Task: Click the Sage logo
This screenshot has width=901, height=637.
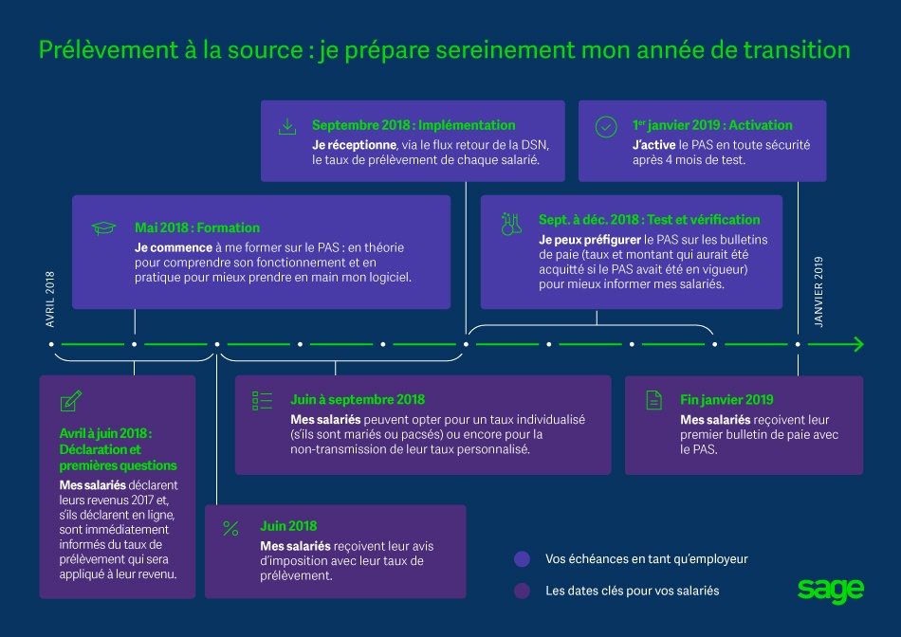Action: (x=831, y=590)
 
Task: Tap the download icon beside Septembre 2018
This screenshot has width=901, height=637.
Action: (x=287, y=126)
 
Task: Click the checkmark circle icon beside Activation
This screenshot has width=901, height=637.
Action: (x=606, y=127)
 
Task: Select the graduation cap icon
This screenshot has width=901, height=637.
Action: (x=101, y=228)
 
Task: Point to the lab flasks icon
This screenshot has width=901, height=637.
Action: (x=510, y=224)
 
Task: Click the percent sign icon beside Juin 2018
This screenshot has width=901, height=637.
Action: (x=230, y=528)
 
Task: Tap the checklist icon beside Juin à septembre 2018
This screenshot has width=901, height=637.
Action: (x=263, y=400)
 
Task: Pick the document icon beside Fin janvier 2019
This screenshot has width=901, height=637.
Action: (x=653, y=400)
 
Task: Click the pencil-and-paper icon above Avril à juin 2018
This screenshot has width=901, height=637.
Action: (x=70, y=401)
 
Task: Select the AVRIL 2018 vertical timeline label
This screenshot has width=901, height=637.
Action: (x=51, y=300)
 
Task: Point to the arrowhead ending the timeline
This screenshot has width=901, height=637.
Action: (x=857, y=344)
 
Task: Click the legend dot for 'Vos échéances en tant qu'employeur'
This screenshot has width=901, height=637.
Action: (x=521, y=559)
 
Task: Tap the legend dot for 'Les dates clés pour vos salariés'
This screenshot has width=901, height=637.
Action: (x=521, y=591)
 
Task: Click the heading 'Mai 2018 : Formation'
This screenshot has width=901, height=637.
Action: (x=197, y=228)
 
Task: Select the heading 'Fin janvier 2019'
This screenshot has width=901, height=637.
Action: (x=726, y=400)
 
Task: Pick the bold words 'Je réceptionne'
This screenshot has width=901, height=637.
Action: (x=354, y=144)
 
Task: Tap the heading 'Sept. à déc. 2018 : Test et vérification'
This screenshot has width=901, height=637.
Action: (x=650, y=220)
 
